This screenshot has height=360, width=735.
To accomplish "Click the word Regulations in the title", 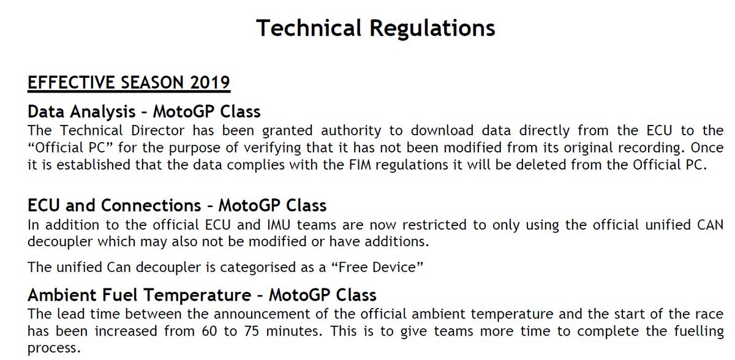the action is (x=432, y=29).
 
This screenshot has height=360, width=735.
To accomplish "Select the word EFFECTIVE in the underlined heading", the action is (x=71, y=82).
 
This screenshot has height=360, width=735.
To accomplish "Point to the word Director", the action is (x=158, y=130).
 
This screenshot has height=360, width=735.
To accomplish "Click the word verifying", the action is (x=273, y=148).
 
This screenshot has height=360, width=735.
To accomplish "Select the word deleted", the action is (x=540, y=165).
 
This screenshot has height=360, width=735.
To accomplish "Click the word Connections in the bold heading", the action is (x=151, y=206).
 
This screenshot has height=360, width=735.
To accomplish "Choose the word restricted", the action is (x=434, y=225).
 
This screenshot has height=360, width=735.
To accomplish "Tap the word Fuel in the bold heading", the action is (x=120, y=295).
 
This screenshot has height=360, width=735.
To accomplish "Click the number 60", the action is (x=209, y=331).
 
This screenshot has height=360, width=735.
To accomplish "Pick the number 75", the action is (x=251, y=331).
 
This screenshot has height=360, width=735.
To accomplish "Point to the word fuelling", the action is (x=699, y=331).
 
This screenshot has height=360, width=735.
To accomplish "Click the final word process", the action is (x=54, y=348).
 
